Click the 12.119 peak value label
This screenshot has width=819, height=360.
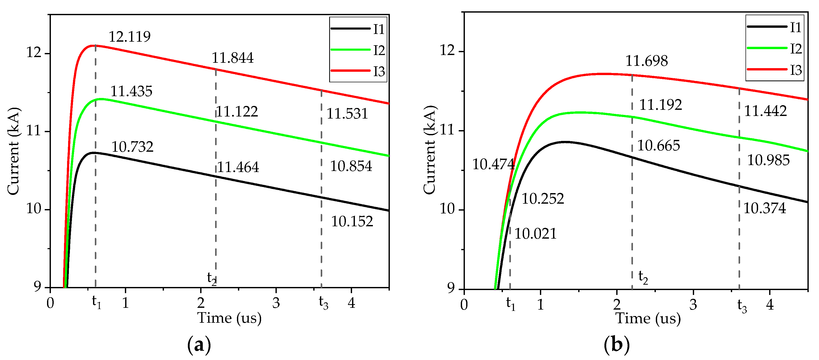(130, 37)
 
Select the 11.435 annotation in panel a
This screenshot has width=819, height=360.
(131, 91)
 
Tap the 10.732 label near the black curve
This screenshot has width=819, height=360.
(132, 147)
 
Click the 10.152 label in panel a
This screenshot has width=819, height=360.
(352, 221)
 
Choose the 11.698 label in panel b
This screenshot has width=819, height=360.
(646, 61)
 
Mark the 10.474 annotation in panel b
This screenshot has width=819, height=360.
(493, 164)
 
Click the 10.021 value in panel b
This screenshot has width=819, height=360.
(535, 234)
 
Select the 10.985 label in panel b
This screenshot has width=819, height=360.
(768, 160)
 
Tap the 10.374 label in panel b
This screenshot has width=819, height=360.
(765, 208)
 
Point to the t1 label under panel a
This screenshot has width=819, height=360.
(96, 302)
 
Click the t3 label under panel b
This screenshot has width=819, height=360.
(742, 306)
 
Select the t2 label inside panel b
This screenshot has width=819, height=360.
(643, 277)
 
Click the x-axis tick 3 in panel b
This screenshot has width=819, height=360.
(693, 305)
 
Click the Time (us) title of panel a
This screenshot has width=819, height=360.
(229, 318)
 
